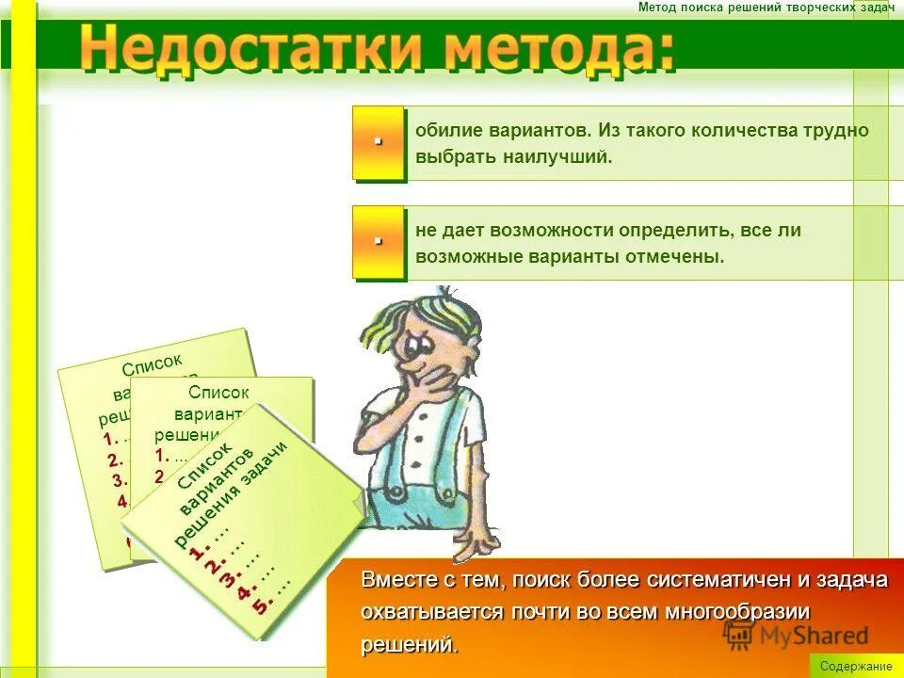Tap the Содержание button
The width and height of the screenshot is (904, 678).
click(x=856, y=666)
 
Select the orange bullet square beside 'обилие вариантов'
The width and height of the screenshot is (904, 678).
click(x=378, y=143)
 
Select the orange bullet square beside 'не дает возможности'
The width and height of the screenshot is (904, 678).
click(x=378, y=242)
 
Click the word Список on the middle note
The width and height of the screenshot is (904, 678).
click(x=218, y=393)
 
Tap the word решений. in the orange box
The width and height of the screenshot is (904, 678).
click(x=410, y=644)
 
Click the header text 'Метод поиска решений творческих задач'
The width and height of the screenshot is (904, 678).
click(x=766, y=8)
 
